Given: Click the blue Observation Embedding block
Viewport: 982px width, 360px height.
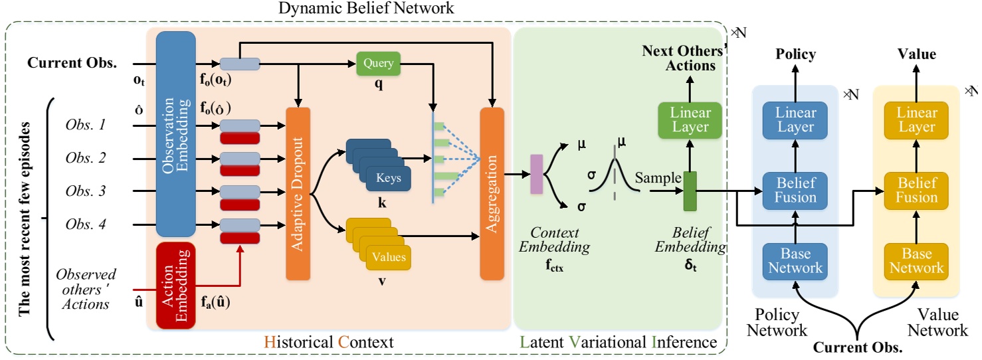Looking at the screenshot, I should click(x=175, y=133).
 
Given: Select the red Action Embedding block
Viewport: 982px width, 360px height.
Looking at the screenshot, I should click(x=175, y=286).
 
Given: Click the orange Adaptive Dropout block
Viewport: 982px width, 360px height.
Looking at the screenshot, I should click(x=298, y=193).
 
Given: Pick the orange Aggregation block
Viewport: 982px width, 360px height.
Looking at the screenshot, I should click(x=492, y=193).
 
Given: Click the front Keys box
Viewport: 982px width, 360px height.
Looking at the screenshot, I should click(x=388, y=178).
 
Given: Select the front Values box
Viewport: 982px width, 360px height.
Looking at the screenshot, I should click(x=388, y=256).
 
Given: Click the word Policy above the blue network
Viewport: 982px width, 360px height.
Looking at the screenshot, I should click(x=795, y=54).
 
